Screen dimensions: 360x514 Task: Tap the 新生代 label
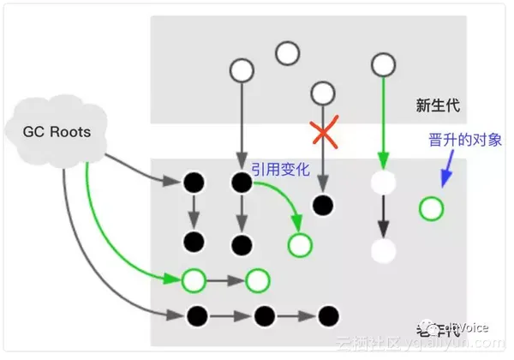[438, 106]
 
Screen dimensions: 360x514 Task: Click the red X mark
[323, 133]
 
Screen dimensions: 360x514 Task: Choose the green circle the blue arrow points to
[432, 207]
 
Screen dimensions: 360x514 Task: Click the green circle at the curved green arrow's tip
[300, 244]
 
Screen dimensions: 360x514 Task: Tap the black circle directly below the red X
[323, 205]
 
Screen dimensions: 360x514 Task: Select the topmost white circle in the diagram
[288, 53]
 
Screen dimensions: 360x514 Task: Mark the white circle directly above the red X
[323, 93]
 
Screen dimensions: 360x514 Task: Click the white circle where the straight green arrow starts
[383, 63]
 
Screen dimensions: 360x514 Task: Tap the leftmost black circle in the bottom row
[195, 315]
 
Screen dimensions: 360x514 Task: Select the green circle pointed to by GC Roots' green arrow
[194, 279]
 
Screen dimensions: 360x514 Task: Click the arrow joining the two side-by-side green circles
[225, 279]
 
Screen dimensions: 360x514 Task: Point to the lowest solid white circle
[383, 251]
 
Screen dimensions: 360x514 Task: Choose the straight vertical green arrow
[383, 120]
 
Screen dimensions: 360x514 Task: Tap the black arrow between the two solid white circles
[383, 216]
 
